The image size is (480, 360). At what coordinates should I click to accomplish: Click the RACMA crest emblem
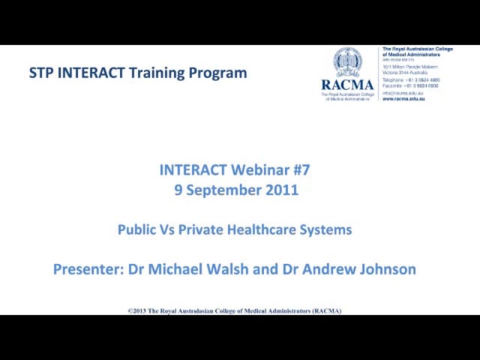[x=347, y=61]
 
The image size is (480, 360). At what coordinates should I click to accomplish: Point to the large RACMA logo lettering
[x=347, y=85]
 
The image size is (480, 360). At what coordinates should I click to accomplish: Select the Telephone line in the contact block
[x=411, y=79]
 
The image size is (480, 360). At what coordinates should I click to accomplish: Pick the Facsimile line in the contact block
[x=411, y=85]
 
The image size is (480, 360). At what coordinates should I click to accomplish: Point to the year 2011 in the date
[x=281, y=190]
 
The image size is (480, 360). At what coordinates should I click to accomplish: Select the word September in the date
[x=223, y=190]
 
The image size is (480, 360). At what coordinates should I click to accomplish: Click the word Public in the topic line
[x=136, y=229]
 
